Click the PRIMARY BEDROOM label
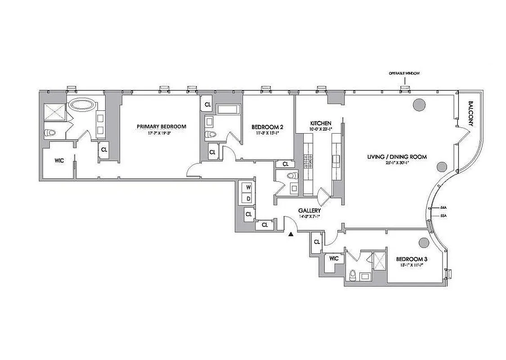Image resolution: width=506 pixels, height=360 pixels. click(x=161, y=126)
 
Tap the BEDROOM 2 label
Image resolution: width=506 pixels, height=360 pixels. click(x=267, y=127)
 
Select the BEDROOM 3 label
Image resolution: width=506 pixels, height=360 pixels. click(x=411, y=259)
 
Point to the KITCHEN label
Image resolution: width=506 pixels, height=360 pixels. click(x=321, y=123)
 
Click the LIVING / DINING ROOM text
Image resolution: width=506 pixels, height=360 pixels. click(x=396, y=157)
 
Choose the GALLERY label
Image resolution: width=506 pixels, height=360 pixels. click(x=309, y=211)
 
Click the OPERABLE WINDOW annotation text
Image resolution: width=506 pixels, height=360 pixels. click(x=404, y=73)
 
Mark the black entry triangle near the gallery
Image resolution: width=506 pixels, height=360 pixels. click(x=291, y=234)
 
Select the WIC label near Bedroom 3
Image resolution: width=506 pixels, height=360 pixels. click(x=333, y=259)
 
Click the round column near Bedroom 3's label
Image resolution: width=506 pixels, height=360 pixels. click(x=423, y=243)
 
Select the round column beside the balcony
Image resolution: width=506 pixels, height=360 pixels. click(x=419, y=105)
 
